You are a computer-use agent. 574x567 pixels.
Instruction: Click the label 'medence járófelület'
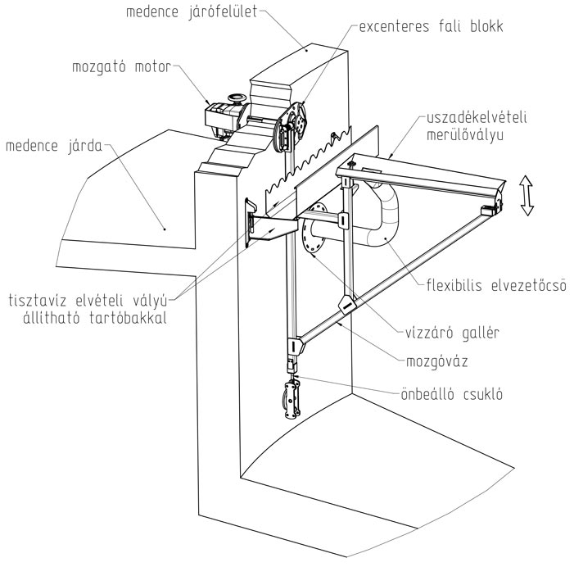[192, 11]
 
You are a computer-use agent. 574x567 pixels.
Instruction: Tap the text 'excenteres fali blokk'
[431, 26]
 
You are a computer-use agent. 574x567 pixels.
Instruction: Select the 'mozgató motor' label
[121, 67]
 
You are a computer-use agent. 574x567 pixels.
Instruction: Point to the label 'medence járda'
[54, 146]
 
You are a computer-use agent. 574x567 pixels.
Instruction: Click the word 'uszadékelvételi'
[477, 117]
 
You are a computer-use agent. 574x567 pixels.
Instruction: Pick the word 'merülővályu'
[465, 134]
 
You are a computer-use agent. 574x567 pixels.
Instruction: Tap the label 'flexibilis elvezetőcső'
[496, 285]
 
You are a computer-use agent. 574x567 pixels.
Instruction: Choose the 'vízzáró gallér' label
[452, 333]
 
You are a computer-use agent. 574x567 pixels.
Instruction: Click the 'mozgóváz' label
[437, 362]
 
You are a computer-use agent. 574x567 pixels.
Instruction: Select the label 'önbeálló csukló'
[452, 394]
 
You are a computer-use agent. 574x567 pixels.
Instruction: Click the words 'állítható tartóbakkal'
[95, 317]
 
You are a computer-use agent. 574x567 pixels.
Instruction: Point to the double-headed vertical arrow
[527, 195]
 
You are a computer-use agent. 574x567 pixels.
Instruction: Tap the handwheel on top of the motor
[237, 98]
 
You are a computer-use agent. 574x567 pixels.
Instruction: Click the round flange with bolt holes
[314, 228]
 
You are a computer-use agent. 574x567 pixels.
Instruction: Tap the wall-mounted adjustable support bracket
[270, 225]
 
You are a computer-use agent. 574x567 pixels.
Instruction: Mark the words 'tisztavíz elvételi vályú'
[88, 301]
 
